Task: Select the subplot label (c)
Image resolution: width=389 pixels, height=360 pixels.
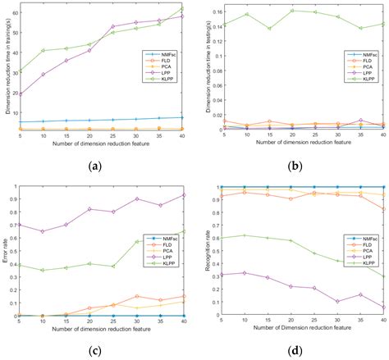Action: pos(96,352)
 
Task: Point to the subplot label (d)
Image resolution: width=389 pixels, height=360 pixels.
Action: pos(291,352)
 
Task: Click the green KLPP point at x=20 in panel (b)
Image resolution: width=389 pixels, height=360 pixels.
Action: pos(291,11)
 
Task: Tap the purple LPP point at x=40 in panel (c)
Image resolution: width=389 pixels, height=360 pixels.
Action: pos(182,195)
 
